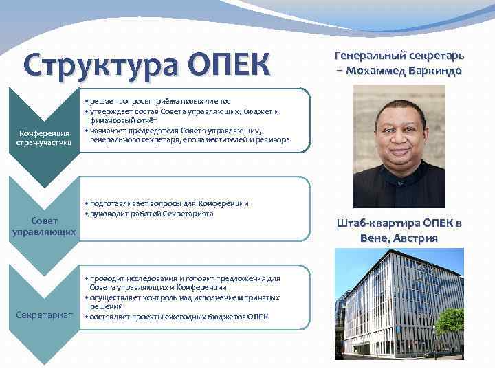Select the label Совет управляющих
44,226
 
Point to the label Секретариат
44,315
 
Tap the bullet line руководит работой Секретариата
151,214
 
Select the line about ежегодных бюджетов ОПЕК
177,316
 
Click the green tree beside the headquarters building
451,321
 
